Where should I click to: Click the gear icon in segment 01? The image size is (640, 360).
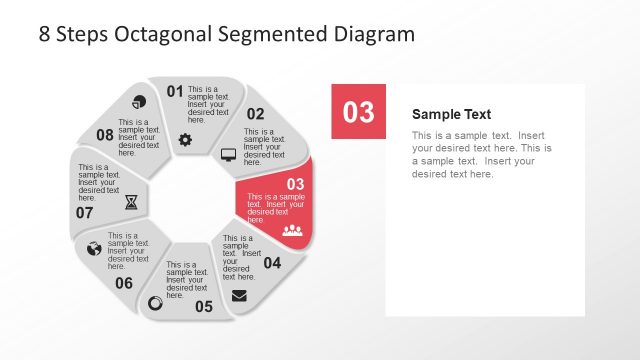185,140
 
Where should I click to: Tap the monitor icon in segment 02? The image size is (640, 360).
228,155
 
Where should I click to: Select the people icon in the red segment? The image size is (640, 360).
292,230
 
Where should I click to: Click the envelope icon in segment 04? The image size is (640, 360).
239,295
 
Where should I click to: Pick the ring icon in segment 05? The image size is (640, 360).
155,303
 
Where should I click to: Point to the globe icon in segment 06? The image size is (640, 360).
95,248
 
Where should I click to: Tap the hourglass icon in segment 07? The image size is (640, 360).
132,202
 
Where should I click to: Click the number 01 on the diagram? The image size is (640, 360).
175,92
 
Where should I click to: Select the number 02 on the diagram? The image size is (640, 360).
256,114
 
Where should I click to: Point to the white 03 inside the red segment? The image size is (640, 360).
295,184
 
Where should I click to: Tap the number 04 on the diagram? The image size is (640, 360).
272,264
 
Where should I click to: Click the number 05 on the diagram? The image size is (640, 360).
204,306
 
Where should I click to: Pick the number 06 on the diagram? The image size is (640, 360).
124,283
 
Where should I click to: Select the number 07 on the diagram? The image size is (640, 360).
85,212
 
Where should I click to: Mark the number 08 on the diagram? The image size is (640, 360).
105,135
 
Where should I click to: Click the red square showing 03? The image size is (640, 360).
358,112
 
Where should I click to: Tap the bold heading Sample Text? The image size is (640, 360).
451,114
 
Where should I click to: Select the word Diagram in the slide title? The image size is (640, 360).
373,34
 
